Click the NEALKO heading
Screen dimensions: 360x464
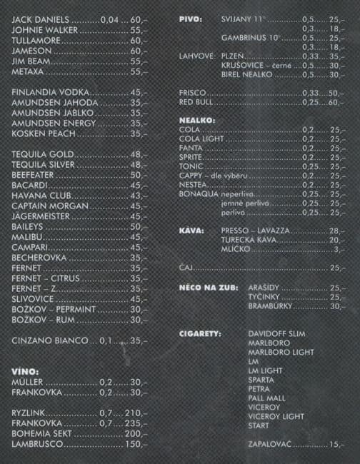click(196, 120)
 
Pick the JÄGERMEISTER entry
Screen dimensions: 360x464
click(45, 216)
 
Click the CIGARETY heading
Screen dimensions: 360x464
click(199, 333)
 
